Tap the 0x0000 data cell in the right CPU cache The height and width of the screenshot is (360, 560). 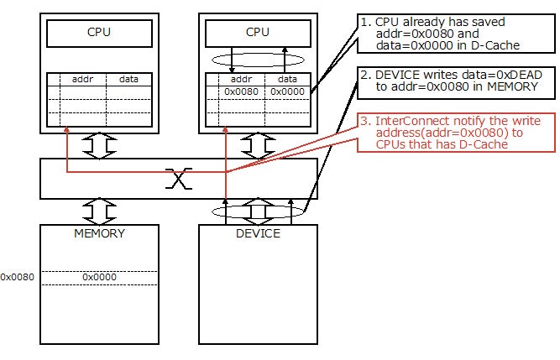286,91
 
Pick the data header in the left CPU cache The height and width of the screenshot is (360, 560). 129,78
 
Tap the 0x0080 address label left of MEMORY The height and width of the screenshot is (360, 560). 17,276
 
